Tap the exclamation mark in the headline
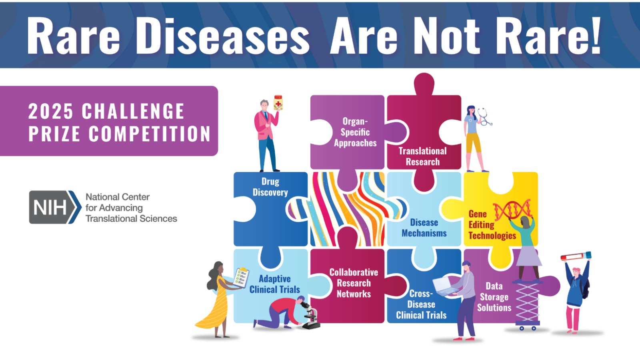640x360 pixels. coord(595,35)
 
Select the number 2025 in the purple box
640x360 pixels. coord(50,111)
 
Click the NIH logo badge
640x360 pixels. coord(55,207)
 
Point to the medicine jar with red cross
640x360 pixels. coord(278,102)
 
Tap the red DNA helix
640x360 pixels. coord(512,210)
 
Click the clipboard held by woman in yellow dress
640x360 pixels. coord(241,278)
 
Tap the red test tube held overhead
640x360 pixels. coord(576,256)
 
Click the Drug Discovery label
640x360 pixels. coord(270,187)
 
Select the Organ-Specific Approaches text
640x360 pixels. coord(355,132)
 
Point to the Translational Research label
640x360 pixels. coord(422,156)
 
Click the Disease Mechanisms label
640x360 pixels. coord(424,228)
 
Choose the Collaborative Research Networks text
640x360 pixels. coord(354,283)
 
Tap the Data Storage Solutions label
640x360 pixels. coord(494,297)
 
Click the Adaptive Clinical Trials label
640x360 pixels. coord(274,284)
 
